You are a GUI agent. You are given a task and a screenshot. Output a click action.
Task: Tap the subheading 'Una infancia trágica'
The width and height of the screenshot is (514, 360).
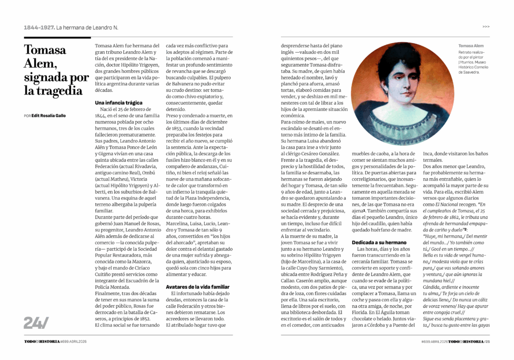coord(118,102)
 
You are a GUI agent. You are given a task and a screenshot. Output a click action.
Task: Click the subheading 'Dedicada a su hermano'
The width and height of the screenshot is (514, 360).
coord(379,243)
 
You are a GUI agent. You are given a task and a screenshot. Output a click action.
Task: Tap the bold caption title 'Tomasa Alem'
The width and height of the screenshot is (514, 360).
coord(471,46)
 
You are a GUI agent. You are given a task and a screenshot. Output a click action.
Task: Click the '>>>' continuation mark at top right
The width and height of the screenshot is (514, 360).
coord(486,27)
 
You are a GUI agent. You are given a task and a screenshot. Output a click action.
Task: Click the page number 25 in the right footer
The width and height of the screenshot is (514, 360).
coord(487,341)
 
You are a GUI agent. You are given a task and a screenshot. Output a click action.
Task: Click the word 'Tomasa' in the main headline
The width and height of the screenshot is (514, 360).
coord(45,50)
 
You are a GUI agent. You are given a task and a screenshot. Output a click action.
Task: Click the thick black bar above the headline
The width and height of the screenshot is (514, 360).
coord(57,38)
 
